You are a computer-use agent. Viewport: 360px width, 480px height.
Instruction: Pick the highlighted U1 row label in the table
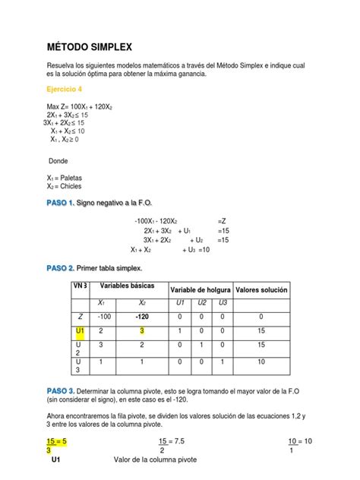click(x=80, y=331)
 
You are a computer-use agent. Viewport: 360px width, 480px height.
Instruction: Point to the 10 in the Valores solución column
click(x=261, y=363)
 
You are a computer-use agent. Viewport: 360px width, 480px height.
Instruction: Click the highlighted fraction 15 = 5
click(x=58, y=441)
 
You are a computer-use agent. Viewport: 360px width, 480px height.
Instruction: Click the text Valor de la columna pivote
click(x=159, y=460)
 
